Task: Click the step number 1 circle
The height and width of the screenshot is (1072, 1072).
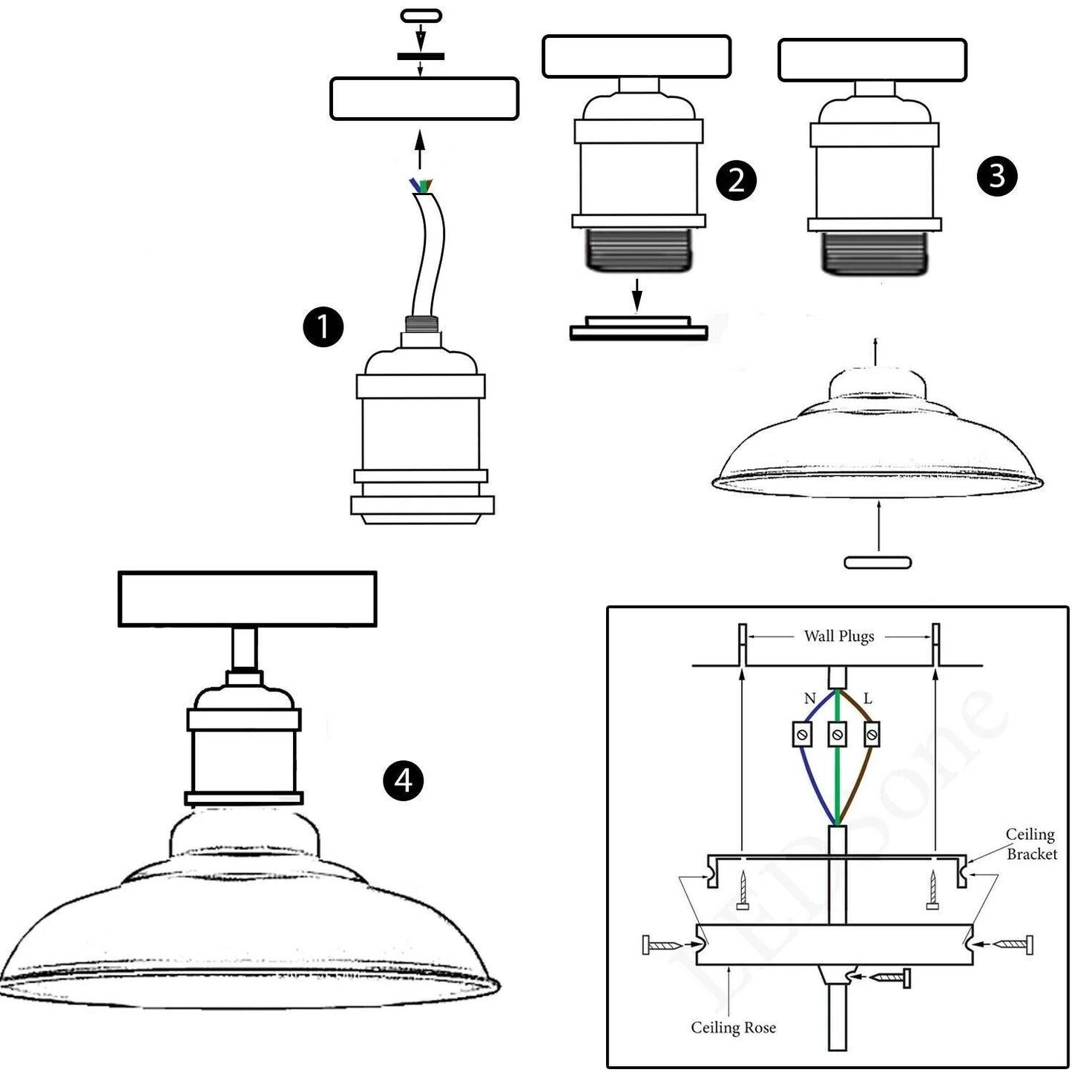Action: [x=323, y=327]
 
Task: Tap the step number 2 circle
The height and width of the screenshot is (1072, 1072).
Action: [x=736, y=180]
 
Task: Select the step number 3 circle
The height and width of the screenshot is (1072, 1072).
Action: [x=996, y=177]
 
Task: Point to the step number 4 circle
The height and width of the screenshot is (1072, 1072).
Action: [x=403, y=780]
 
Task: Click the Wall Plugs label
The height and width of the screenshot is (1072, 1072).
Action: [x=839, y=637]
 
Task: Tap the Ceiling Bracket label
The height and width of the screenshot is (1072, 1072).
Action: [x=1030, y=844]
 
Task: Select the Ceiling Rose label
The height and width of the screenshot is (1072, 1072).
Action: [x=733, y=1027]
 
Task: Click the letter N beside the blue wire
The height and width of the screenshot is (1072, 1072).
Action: [x=809, y=698]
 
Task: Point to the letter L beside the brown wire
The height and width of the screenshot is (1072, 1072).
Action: [x=867, y=698]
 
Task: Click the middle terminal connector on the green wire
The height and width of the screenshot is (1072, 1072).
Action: [x=837, y=734]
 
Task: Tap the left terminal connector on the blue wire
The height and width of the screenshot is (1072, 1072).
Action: [x=802, y=734]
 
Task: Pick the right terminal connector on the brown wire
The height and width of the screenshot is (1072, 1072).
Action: [x=872, y=734]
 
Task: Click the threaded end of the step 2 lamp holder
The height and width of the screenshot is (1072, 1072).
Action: [x=637, y=250]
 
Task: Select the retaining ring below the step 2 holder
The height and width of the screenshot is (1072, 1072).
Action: [x=638, y=329]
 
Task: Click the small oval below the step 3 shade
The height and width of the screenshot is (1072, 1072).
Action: [x=878, y=563]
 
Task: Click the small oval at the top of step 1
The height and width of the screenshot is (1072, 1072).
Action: [x=421, y=16]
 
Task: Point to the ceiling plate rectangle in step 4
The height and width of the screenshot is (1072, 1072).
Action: [x=247, y=599]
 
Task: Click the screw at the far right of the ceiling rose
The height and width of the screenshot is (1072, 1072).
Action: [x=1013, y=944]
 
